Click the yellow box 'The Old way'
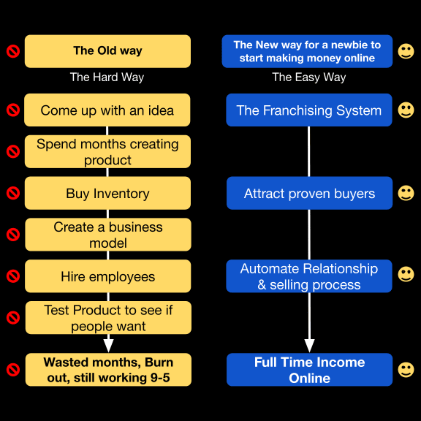[107, 51]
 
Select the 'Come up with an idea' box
[107, 110]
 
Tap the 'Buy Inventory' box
[107, 193]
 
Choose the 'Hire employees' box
[108, 276]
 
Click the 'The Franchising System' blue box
[309, 110]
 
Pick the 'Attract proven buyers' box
[310, 193]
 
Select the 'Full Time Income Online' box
[310, 370]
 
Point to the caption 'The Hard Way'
[107, 77]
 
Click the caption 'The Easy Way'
[308, 77]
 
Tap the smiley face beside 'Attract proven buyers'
[406, 193]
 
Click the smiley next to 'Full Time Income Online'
[406, 370]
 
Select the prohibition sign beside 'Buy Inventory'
[13, 193]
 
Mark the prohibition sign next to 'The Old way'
[13, 51]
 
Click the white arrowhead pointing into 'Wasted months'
[108, 346]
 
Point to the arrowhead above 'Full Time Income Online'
[309, 346]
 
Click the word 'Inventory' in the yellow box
[121, 194]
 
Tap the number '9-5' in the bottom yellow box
[160, 377]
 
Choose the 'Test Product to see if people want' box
[108, 318]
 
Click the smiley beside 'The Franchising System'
[406, 110]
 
